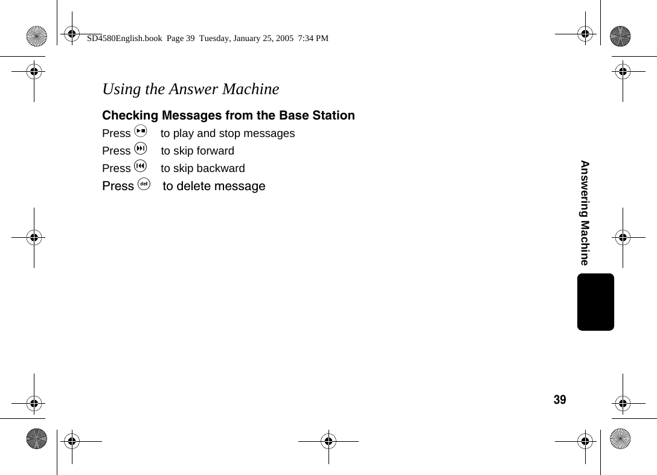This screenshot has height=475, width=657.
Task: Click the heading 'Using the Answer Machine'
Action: [x=190, y=89]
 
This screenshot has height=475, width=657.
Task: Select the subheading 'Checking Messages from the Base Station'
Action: [x=228, y=115]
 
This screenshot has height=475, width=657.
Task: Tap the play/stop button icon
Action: [x=141, y=132]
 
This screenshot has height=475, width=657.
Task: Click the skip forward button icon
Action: [x=141, y=149]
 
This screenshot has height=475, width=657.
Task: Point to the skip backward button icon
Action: [x=141, y=167]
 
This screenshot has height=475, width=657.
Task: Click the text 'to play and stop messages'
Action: [x=228, y=133]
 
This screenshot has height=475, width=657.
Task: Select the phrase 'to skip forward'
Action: [x=197, y=151]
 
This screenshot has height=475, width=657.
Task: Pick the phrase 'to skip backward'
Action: [x=203, y=168]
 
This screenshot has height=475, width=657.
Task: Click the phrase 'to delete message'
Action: [x=214, y=186]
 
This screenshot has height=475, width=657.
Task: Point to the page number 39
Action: [x=560, y=400]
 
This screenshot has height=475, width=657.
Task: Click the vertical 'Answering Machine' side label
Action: [x=585, y=212]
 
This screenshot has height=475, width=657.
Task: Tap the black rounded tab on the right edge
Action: [x=595, y=302]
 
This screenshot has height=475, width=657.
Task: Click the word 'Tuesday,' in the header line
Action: [x=216, y=38]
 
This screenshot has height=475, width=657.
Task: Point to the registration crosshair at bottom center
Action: [x=328, y=441]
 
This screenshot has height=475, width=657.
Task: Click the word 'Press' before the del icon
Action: [x=118, y=186]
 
